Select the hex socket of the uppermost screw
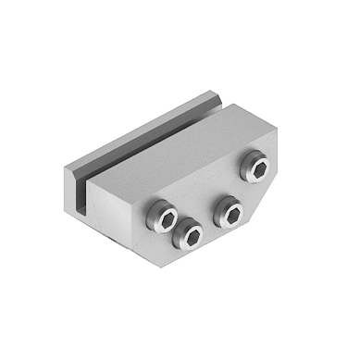tap(256, 167)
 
